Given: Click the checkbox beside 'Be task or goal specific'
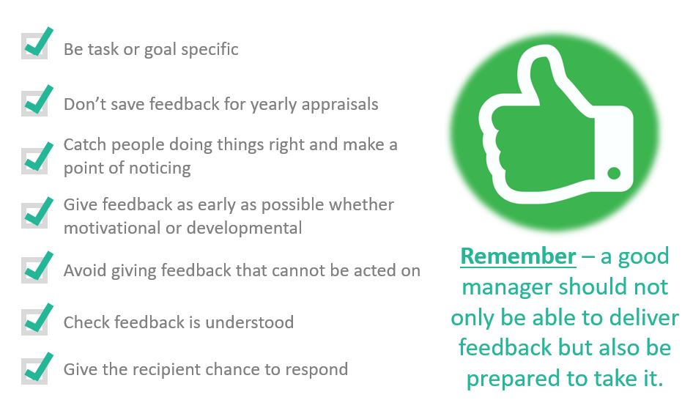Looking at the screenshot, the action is [34, 46].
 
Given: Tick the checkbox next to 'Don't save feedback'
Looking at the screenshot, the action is [34, 103].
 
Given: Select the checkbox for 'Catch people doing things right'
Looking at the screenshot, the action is [34, 160].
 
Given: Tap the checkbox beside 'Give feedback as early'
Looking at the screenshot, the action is [34, 215].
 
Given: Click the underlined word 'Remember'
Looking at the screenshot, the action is [518, 256].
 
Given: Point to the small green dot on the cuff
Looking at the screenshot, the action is [614, 173].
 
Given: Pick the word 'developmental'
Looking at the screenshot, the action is [245, 228].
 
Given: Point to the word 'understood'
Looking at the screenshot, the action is [249, 322].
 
